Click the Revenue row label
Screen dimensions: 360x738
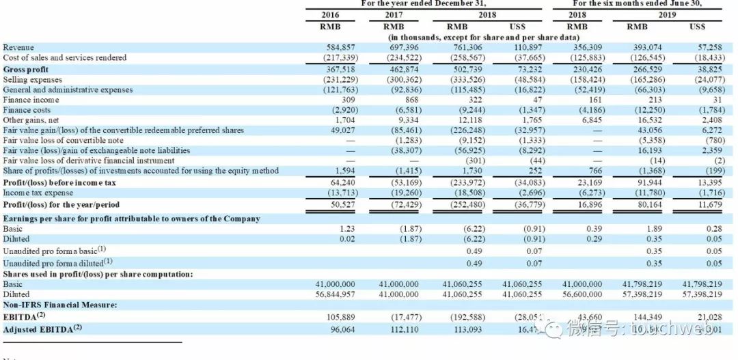[19, 47]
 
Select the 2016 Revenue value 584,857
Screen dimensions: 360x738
[340, 47]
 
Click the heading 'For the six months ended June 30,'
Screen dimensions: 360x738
[636, 3]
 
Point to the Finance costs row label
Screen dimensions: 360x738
[27, 109]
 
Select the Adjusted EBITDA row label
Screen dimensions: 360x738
[42, 329]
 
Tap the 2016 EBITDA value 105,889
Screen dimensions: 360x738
[340, 317]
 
